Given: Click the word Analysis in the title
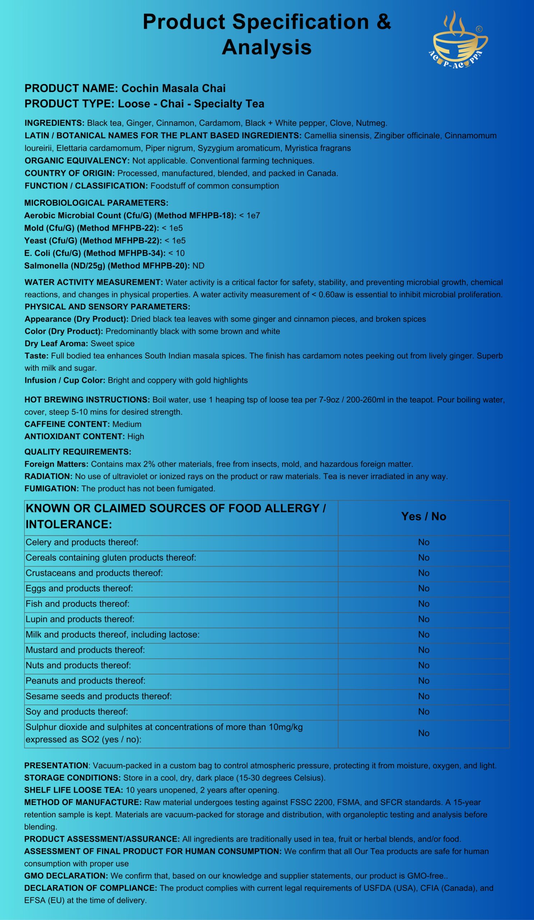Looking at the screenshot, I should (266, 47).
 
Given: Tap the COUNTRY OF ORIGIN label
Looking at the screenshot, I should (70, 174).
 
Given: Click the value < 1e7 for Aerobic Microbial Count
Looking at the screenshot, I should (250, 215).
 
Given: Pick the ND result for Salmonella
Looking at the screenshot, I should (198, 266).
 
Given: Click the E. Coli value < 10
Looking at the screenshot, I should (176, 253).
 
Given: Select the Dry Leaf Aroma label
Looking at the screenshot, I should (56, 344).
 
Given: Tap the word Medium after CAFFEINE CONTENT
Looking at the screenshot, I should (126, 424).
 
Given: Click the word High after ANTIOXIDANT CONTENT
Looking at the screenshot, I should (136, 436).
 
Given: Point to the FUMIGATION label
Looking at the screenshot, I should (51, 488).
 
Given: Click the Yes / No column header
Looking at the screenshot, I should (423, 516).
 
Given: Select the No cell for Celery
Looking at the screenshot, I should (423, 542).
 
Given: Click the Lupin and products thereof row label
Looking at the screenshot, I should (80, 619).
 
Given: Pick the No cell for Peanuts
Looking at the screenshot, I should (423, 681).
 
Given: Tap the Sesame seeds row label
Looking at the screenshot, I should (98, 696).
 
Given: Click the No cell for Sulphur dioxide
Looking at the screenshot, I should (423, 733).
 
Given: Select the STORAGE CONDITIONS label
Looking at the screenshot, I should (72, 778).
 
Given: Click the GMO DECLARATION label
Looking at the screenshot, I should (66, 875).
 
